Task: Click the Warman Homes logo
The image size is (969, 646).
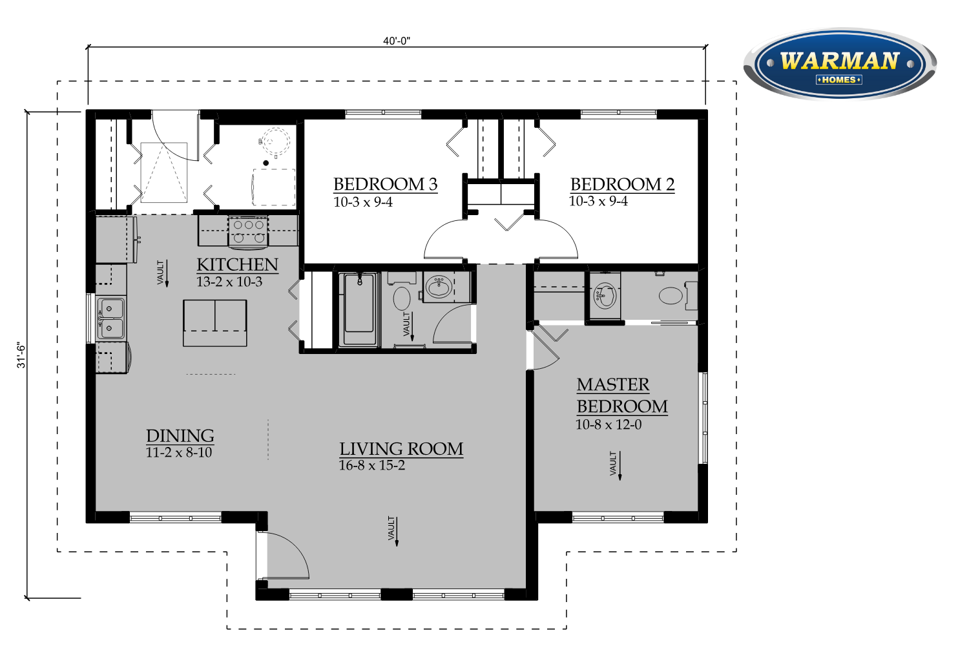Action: (x=840, y=64)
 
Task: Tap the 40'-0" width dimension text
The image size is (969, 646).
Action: (x=396, y=41)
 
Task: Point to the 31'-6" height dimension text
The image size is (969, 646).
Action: (x=21, y=356)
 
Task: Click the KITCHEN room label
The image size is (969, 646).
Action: (x=238, y=264)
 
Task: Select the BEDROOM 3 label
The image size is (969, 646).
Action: (x=386, y=184)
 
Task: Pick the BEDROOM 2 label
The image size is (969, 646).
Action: (x=622, y=184)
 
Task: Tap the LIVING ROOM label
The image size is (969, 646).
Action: (x=401, y=449)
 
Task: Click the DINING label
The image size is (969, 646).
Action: (x=180, y=435)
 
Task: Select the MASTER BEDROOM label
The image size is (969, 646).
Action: (x=622, y=395)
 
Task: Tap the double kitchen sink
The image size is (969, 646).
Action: (x=110, y=318)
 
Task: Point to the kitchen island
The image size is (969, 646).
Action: (x=215, y=323)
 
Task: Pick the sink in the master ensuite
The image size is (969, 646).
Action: (x=604, y=295)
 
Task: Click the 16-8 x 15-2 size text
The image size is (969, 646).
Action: (x=372, y=466)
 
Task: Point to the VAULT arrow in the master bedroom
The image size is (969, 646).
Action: (x=620, y=466)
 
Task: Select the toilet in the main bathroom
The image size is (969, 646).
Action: (x=401, y=292)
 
